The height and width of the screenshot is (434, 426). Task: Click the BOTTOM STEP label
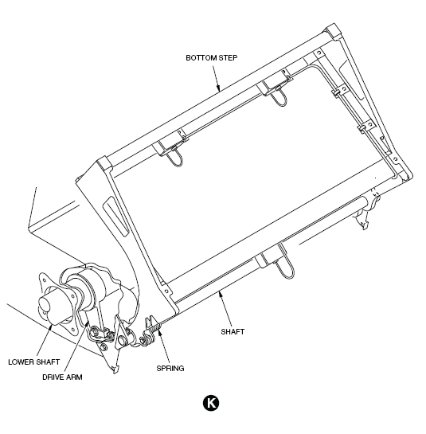pyautogui.click(x=212, y=58)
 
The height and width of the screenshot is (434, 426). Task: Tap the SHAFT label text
pyautogui.click(x=233, y=331)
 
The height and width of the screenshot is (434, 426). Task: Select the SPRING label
pyautogui.click(x=170, y=369)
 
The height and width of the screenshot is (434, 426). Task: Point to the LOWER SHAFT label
pyautogui.click(x=33, y=362)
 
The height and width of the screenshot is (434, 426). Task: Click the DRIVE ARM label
pyautogui.click(x=62, y=377)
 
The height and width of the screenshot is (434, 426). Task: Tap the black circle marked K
pyautogui.click(x=211, y=403)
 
